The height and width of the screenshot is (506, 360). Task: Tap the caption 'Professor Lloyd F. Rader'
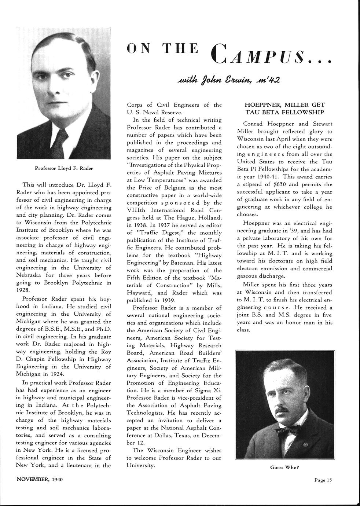pos(64,168)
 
